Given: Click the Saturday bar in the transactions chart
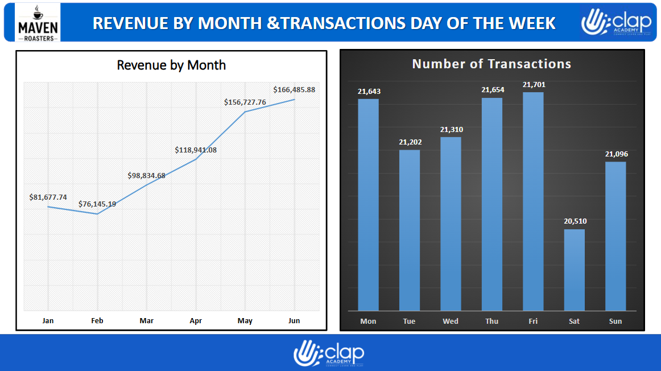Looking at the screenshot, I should [x=574, y=270].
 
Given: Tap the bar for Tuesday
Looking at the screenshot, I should [x=410, y=230].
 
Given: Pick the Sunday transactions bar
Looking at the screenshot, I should [x=615, y=236].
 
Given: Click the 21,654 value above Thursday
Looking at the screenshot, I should [x=493, y=90].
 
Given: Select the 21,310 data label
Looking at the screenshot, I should [x=452, y=130].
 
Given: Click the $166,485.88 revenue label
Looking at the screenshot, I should [x=294, y=90].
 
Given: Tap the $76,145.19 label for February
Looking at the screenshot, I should [x=97, y=204].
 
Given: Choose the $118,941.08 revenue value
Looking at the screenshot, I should [x=196, y=150].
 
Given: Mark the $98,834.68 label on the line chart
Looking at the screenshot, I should [x=146, y=175].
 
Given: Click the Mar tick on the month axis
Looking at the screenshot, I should [x=146, y=321].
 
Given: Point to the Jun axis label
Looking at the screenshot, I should [x=294, y=321].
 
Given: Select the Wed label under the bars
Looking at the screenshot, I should [x=451, y=321].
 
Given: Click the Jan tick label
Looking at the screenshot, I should [x=48, y=321].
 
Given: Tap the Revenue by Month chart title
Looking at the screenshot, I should [x=171, y=65].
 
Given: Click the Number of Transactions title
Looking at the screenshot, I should [x=491, y=64].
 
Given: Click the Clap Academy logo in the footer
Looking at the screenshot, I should [x=329, y=353].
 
